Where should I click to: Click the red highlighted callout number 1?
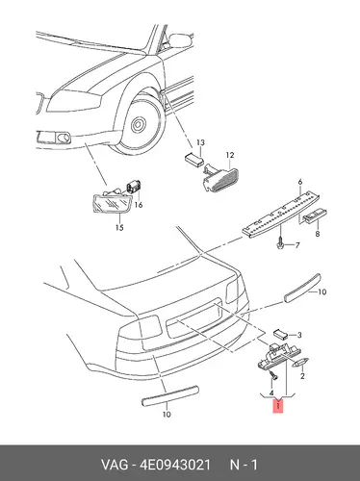pos(278,406)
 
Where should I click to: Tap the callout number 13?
pos(200,142)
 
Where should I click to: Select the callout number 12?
pos(230,155)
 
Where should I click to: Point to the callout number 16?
pos(139,205)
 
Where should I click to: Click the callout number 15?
pos(119,228)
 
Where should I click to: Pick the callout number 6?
pos(300,182)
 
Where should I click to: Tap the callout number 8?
pos(318,234)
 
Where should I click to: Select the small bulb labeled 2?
pos(300,363)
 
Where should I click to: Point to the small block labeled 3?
pos(280,335)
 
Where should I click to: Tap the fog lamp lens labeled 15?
pos(113,203)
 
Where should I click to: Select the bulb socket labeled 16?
pos(135,187)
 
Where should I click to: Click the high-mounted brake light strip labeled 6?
pos(281,213)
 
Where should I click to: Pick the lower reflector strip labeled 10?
pos(170,396)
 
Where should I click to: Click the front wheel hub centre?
pos(139,124)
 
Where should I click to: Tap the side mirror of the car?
pos(180,40)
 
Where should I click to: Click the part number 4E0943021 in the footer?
pos(175,465)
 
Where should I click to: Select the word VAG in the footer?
pos(115,465)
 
